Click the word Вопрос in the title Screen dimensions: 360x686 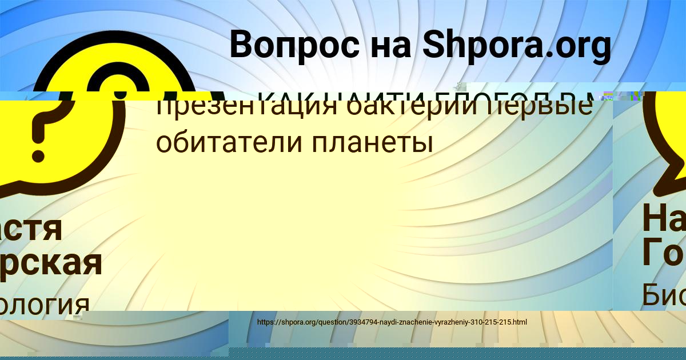pyautogui.click(x=296, y=45)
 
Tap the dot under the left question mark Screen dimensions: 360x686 pyautogui.click(x=38, y=154)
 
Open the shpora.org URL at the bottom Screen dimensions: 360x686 pyautogui.click(x=392, y=322)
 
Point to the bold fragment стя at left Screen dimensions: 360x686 pyautogui.click(x=31, y=227)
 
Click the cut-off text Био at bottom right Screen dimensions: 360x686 pyautogui.click(x=663, y=295)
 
